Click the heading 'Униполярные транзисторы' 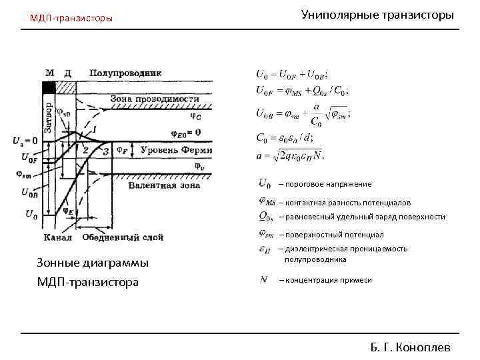[x=377, y=14]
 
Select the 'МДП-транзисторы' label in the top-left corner [x=71, y=18]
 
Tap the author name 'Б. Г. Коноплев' [x=411, y=347]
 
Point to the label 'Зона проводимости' [x=155, y=99]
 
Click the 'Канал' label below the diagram [x=57, y=237]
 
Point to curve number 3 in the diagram [x=106, y=152]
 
